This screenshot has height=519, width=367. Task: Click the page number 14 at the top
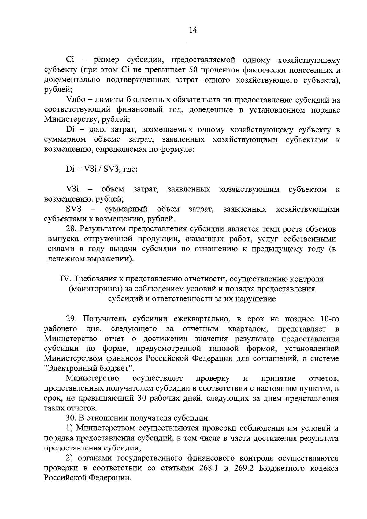click(x=193, y=30)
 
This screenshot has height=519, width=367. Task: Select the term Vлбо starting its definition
click(x=74, y=100)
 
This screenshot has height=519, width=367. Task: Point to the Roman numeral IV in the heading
click(x=65, y=279)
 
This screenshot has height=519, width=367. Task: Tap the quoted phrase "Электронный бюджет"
click(x=89, y=368)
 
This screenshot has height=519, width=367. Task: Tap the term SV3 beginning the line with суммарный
click(x=73, y=209)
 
